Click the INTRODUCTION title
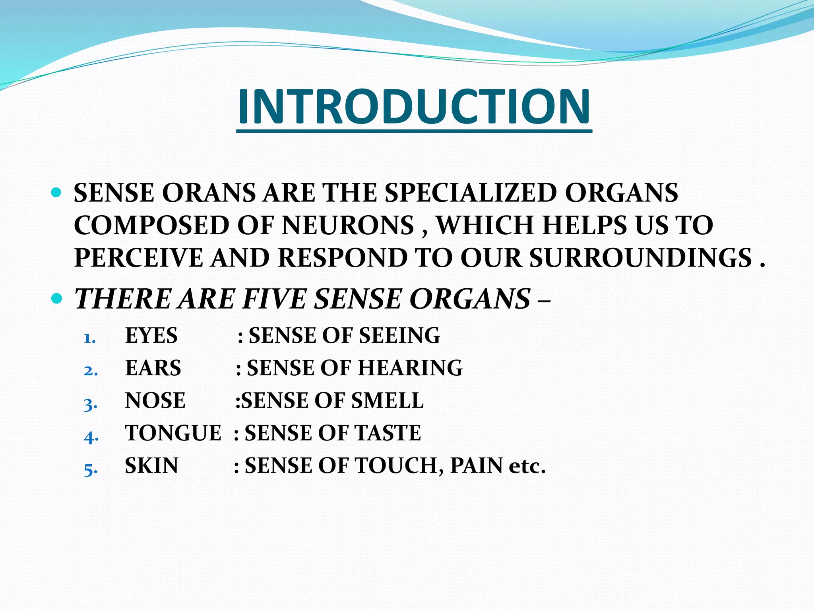[414, 106]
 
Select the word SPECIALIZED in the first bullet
[471, 193]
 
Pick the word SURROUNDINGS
[640, 258]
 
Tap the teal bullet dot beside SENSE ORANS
[56, 193]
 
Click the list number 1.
[90, 338]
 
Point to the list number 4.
[91, 437]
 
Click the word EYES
[151, 336]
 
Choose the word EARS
[153, 368]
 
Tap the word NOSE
[155, 400]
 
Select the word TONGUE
[173, 433]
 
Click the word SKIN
[151, 465]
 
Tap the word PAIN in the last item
[476, 465]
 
